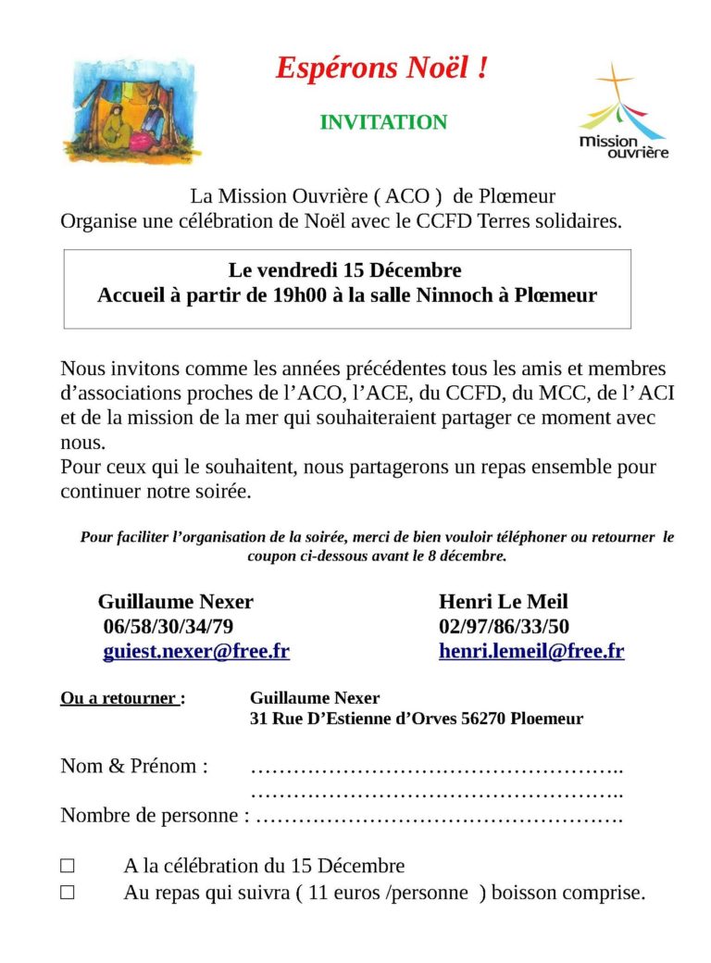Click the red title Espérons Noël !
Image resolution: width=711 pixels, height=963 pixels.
(x=381, y=68)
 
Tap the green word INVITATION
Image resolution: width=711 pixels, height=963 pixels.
(x=383, y=122)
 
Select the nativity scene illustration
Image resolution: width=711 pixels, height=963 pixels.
(x=131, y=110)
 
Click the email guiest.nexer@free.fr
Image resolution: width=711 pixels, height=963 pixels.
(x=196, y=651)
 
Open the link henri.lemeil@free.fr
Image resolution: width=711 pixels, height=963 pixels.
(x=531, y=651)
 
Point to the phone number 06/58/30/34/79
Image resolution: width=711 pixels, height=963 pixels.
(x=168, y=627)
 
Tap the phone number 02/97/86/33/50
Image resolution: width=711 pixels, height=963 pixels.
(x=504, y=627)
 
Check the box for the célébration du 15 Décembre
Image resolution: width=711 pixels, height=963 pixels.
(x=68, y=867)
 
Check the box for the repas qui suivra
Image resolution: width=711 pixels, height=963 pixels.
(x=68, y=894)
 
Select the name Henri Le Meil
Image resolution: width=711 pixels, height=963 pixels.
(x=504, y=602)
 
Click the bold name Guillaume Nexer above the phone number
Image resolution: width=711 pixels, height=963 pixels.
(x=176, y=602)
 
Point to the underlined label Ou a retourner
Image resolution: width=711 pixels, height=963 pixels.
(x=119, y=698)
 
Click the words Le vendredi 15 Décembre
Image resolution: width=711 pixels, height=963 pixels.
(x=345, y=271)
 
